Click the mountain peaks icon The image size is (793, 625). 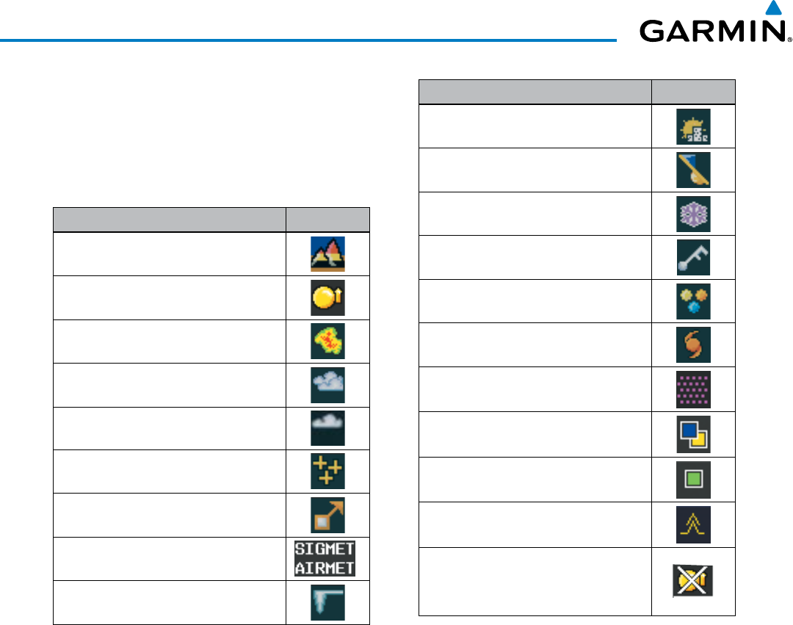pyautogui.click(x=327, y=255)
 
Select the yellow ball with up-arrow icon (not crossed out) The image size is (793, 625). pyautogui.click(x=327, y=297)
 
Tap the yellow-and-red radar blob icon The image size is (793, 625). pyautogui.click(x=327, y=342)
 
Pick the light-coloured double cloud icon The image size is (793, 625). pyautogui.click(x=327, y=385)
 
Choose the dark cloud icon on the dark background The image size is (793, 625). pyautogui.click(x=327, y=428)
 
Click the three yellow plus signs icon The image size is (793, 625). pyautogui.click(x=327, y=472)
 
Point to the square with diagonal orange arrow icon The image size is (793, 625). pyautogui.click(x=327, y=516)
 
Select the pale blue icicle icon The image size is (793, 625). pyautogui.click(x=327, y=602)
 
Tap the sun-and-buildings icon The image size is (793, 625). pyautogui.click(x=693, y=126)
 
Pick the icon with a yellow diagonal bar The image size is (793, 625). pyautogui.click(x=693, y=170)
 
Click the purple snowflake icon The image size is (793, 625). pyautogui.click(x=693, y=214)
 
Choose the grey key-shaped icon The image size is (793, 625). pyautogui.click(x=693, y=257)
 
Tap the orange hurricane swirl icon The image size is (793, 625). pyautogui.click(x=693, y=344)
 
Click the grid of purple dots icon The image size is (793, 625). pyautogui.click(x=693, y=388)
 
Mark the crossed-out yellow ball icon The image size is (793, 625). pyautogui.click(x=693, y=580)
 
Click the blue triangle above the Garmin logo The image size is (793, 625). pyautogui.click(x=772, y=9)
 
